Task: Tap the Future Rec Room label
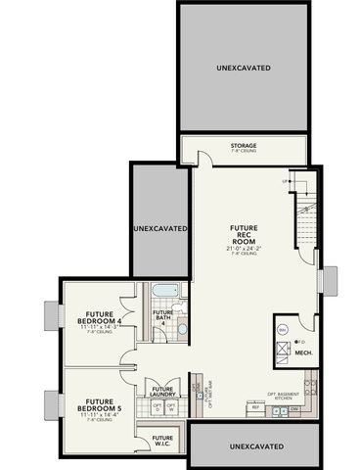coord(244,234)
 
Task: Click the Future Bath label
coord(162,316)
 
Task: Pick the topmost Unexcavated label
coord(243,67)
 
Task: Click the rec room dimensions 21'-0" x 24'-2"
coord(245,248)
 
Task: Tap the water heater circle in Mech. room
coord(283,330)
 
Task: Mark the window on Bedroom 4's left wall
coord(51,317)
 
